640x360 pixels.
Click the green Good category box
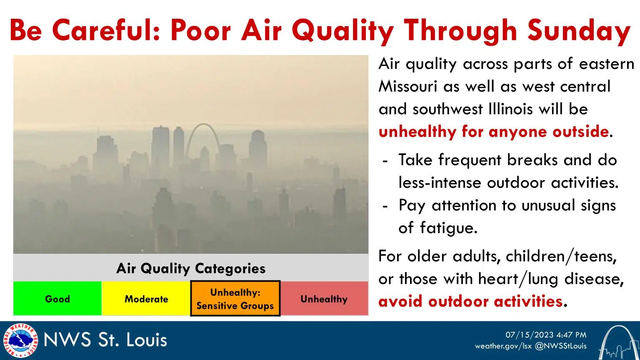point(57,299)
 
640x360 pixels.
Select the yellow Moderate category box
point(146,299)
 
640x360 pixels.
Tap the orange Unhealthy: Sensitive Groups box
point(235,299)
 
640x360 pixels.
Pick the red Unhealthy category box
point(324,299)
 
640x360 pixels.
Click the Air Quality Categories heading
point(191,268)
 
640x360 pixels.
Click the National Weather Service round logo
point(20,340)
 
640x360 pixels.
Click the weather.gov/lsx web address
point(503,346)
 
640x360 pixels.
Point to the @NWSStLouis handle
point(560,346)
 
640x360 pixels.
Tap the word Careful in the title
point(107,30)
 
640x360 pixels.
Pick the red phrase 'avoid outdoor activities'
point(470,301)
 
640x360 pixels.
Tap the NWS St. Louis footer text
point(105,340)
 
